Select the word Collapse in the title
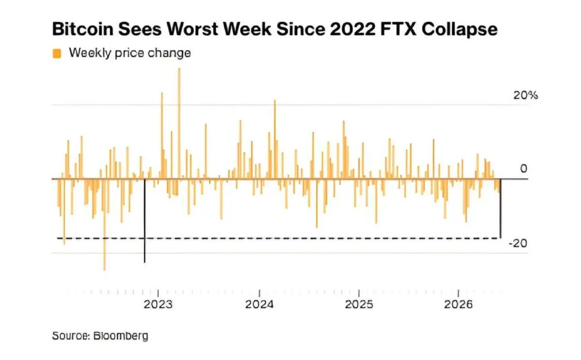(x=459, y=30)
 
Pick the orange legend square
(x=57, y=53)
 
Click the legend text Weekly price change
(x=130, y=53)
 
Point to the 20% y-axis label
(x=525, y=95)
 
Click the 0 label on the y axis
(x=524, y=169)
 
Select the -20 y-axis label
(x=518, y=243)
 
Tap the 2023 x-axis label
(x=158, y=304)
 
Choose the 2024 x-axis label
(x=260, y=304)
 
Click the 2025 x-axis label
(x=359, y=304)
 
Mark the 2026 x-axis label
(x=459, y=304)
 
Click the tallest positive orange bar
(x=179, y=123)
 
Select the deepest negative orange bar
(x=105, y=224)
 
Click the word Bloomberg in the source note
(x=121, y=336)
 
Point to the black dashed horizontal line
(x=278, y=238)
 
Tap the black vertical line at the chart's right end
(x=500, y=208)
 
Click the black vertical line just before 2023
(x=144, y=220)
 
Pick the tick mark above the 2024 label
(x=260, y=293)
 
